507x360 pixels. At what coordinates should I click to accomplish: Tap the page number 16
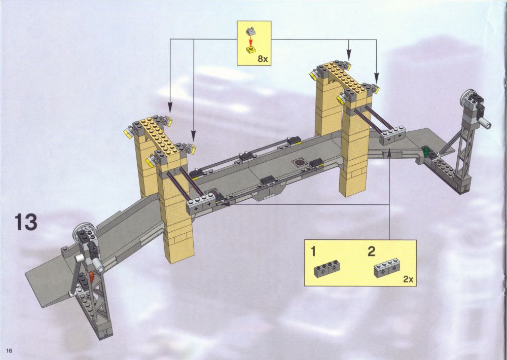click(9, 351)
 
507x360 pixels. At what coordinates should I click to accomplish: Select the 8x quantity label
click(263, 59)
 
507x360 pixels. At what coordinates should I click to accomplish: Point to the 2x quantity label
click(408, 279)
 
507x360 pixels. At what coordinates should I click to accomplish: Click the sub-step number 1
click(313, 251)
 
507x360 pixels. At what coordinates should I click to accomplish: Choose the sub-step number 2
click(372, 251)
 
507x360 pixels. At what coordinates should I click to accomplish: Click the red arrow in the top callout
click(250, 41)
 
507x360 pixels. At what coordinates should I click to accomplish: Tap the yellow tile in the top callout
click(250, 50)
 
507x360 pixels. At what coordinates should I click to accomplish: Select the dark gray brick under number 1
click(327, 269)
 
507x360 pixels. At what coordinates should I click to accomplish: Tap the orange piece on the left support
click(91, 276)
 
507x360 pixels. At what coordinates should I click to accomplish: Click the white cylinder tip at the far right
click(487, 123)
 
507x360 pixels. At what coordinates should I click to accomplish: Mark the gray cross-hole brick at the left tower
click(200, 204)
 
